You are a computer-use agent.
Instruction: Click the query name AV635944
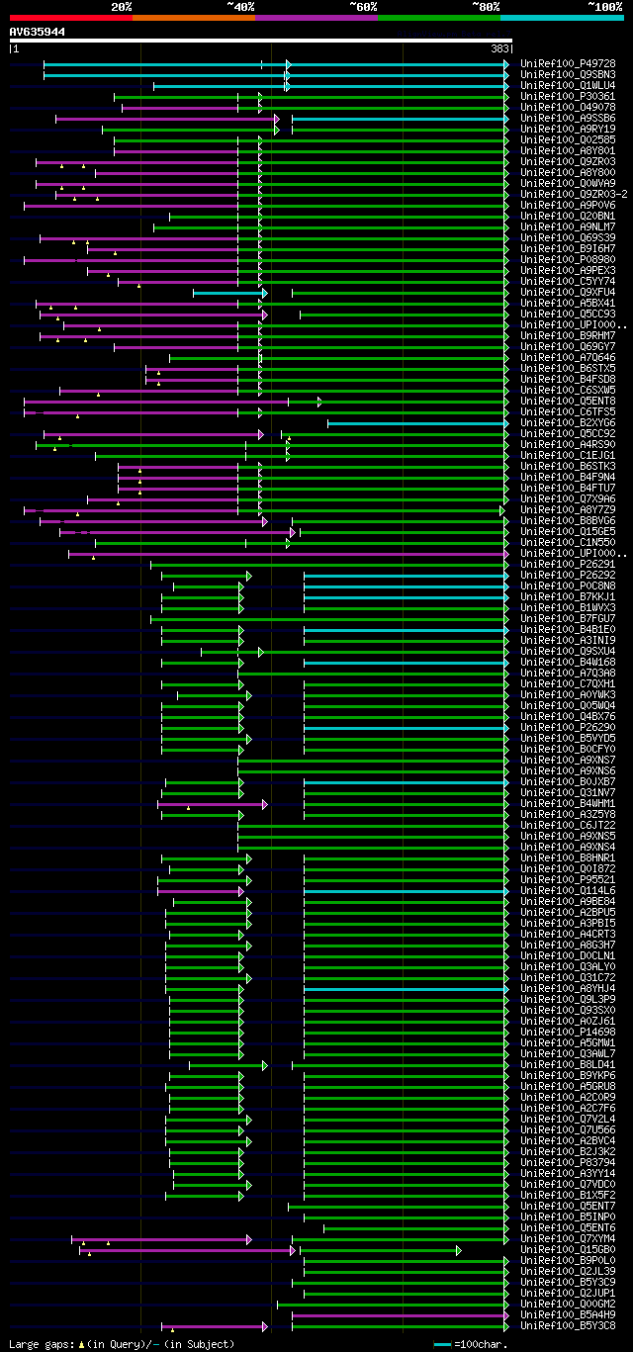pyautogui.click(x=38, y=32)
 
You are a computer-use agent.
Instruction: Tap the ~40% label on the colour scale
pyautogui.click(x=240, y=6)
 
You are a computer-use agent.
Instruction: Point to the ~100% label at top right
pyautogui.click(x=604, y=6)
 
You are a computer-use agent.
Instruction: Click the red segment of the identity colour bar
pyautogui.click(x=70, y=17)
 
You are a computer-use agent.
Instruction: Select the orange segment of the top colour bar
pyautogui.click(x=193, y=17)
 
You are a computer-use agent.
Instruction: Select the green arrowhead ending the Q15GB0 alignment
pyautogui.click(x=459, y=1250)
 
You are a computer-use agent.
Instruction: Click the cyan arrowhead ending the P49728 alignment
pyautogui.click(x=506, y=64)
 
